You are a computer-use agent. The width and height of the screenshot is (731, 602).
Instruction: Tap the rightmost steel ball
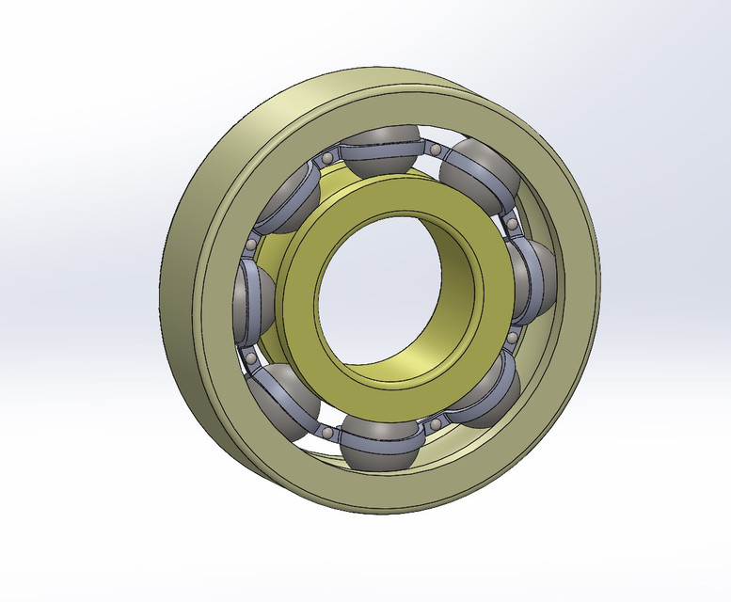[x=534, y=279]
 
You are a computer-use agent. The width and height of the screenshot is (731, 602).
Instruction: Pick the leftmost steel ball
[x=250, y=293]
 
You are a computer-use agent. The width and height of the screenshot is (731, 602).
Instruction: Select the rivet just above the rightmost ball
[x=511, y=225]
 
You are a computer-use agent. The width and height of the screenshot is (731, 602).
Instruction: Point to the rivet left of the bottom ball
[x=326, y=432]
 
